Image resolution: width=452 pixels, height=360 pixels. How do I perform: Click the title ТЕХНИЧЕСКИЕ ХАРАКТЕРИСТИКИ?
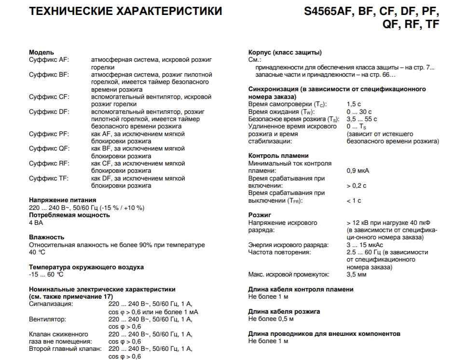(125, 11)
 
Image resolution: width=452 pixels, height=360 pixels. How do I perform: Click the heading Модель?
(41, 52)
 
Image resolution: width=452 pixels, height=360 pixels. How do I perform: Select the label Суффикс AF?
(49, 59)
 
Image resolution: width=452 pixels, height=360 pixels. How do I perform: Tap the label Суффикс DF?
(49, 111)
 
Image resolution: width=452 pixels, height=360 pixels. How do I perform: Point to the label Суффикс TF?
(49, 178)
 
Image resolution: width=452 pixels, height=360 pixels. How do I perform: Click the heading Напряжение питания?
(62, 200)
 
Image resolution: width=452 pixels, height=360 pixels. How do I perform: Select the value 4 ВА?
(36, 222)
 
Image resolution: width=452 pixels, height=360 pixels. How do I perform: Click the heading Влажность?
(46, 237)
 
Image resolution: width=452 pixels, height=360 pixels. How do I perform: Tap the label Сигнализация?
(51, 304)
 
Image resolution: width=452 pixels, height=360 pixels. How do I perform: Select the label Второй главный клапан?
(65, 348)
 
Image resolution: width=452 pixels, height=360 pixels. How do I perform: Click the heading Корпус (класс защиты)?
(285, 52)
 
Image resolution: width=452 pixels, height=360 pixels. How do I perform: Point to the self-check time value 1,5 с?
(354, 104)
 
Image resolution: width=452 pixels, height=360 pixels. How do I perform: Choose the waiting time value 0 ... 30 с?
(359, 111)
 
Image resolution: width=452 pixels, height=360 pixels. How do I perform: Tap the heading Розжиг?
(260, 215)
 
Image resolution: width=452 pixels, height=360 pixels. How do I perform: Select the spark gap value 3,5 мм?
(356, 275)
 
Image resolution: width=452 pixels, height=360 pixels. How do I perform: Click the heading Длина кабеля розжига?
(284, 312)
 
